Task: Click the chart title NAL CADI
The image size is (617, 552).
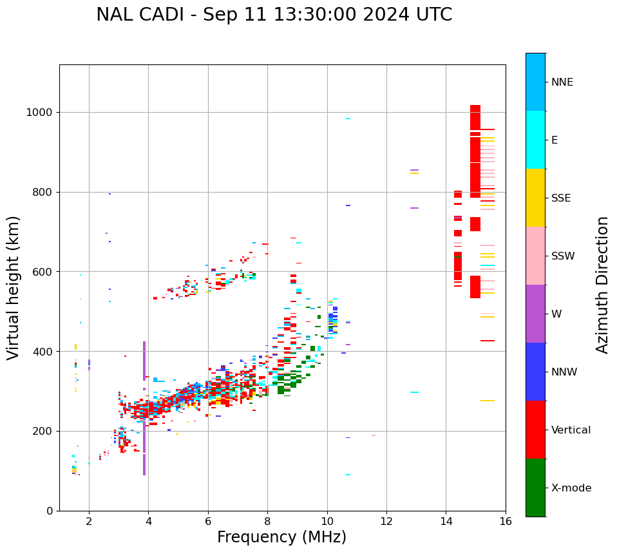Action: click(274, 15)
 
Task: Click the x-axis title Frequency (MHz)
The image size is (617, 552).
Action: click(281, 537)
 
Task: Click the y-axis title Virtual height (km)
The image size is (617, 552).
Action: click(14, 288)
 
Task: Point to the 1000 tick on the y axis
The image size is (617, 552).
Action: click(43, 112)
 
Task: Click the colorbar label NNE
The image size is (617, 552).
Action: click(562, 82)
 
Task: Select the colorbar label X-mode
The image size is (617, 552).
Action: click(571, 488)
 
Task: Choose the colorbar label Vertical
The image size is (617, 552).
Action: click(571, 430)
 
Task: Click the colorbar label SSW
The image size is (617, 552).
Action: click(563, 256)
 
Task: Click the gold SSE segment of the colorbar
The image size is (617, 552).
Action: click(535, 198)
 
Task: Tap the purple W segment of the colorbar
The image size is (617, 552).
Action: click(535, 314)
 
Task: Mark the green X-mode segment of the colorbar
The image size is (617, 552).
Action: click(535, 488)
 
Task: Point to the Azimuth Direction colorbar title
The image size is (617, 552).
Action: click(603, 285)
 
